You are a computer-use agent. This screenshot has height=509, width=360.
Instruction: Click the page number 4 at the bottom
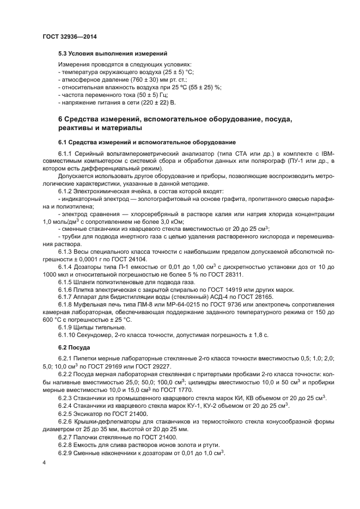point(44,462)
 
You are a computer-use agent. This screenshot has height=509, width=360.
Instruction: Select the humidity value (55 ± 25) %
point(203,87)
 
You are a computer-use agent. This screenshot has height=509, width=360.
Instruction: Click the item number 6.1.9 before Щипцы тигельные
point(67,327)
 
